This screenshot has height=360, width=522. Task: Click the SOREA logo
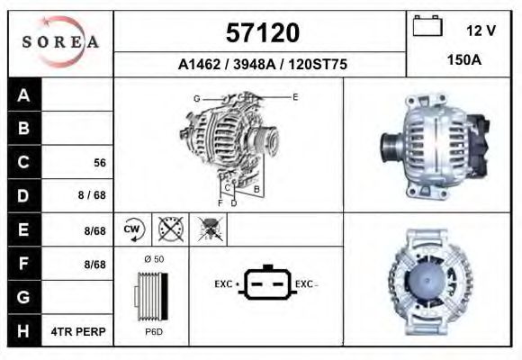(x=60, y=42)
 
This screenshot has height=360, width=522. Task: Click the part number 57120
(x=261, y=33)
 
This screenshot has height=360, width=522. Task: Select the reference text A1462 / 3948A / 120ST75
(x=261, y=66)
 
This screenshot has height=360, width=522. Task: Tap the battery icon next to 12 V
(x=425, y=27)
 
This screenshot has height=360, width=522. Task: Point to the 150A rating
(x=463, y=59)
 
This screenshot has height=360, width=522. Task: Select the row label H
(x=23, y=331)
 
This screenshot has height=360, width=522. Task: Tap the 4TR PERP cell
(x=79, y=331)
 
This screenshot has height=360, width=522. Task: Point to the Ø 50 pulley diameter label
(x=153, y=259)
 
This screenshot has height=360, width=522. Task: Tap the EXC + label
(x=226, y=284)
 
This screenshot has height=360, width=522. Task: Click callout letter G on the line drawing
(x=196, y=97)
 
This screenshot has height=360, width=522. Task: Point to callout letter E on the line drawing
(x=294, y=95)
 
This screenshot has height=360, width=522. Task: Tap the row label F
(x=23, y=264)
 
